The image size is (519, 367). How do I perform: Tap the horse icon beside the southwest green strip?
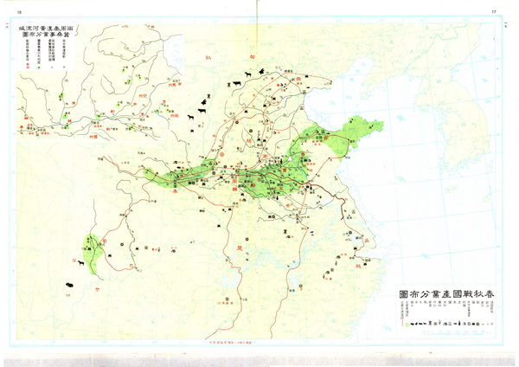(x=80, y=262)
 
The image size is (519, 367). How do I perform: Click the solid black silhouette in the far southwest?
(x=65, y=282)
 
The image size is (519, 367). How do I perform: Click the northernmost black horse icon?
(x=249, y=75)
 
